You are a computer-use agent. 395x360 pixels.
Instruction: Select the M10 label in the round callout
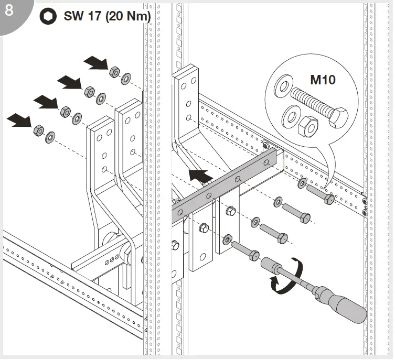(323, 80)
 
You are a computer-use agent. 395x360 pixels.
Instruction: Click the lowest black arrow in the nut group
(20, 122)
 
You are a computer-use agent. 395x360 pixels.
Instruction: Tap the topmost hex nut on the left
(114, 72)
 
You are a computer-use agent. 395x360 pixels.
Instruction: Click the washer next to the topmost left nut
(126, 79)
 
